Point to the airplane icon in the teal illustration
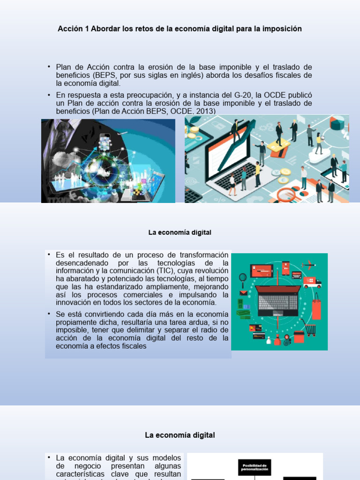pos(309,265)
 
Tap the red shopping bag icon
pos(316,307)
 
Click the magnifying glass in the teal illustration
pos(243,278)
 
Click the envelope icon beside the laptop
pos(243,293)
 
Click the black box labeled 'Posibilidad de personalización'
pos(255,467)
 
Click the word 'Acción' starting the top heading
pos(69,29)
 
